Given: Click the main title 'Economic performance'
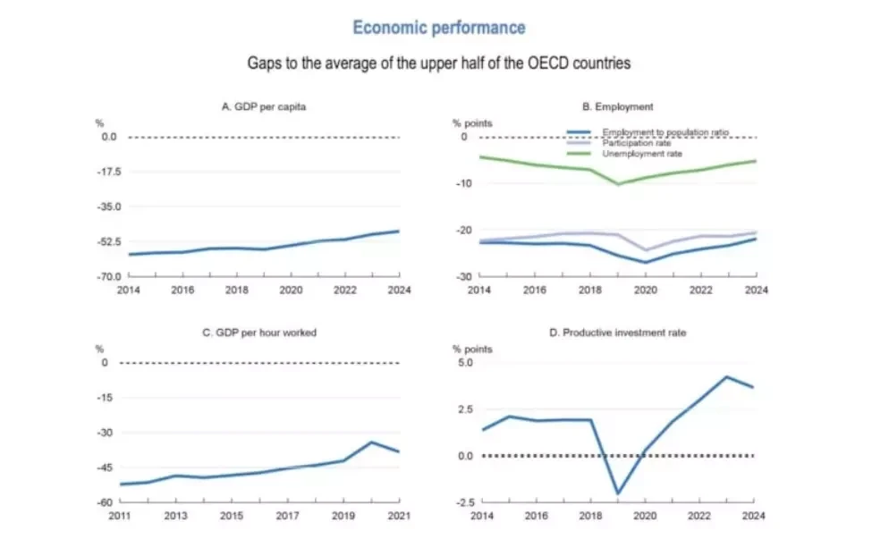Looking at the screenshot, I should (x=438, y=27).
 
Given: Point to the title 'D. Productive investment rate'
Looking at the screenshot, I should (x=618, y=333).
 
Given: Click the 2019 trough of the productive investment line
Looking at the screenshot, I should (x=617, y=493).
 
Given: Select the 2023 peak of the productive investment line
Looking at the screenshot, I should (x=727, y=376).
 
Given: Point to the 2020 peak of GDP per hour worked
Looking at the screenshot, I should (x=371, y=442).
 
